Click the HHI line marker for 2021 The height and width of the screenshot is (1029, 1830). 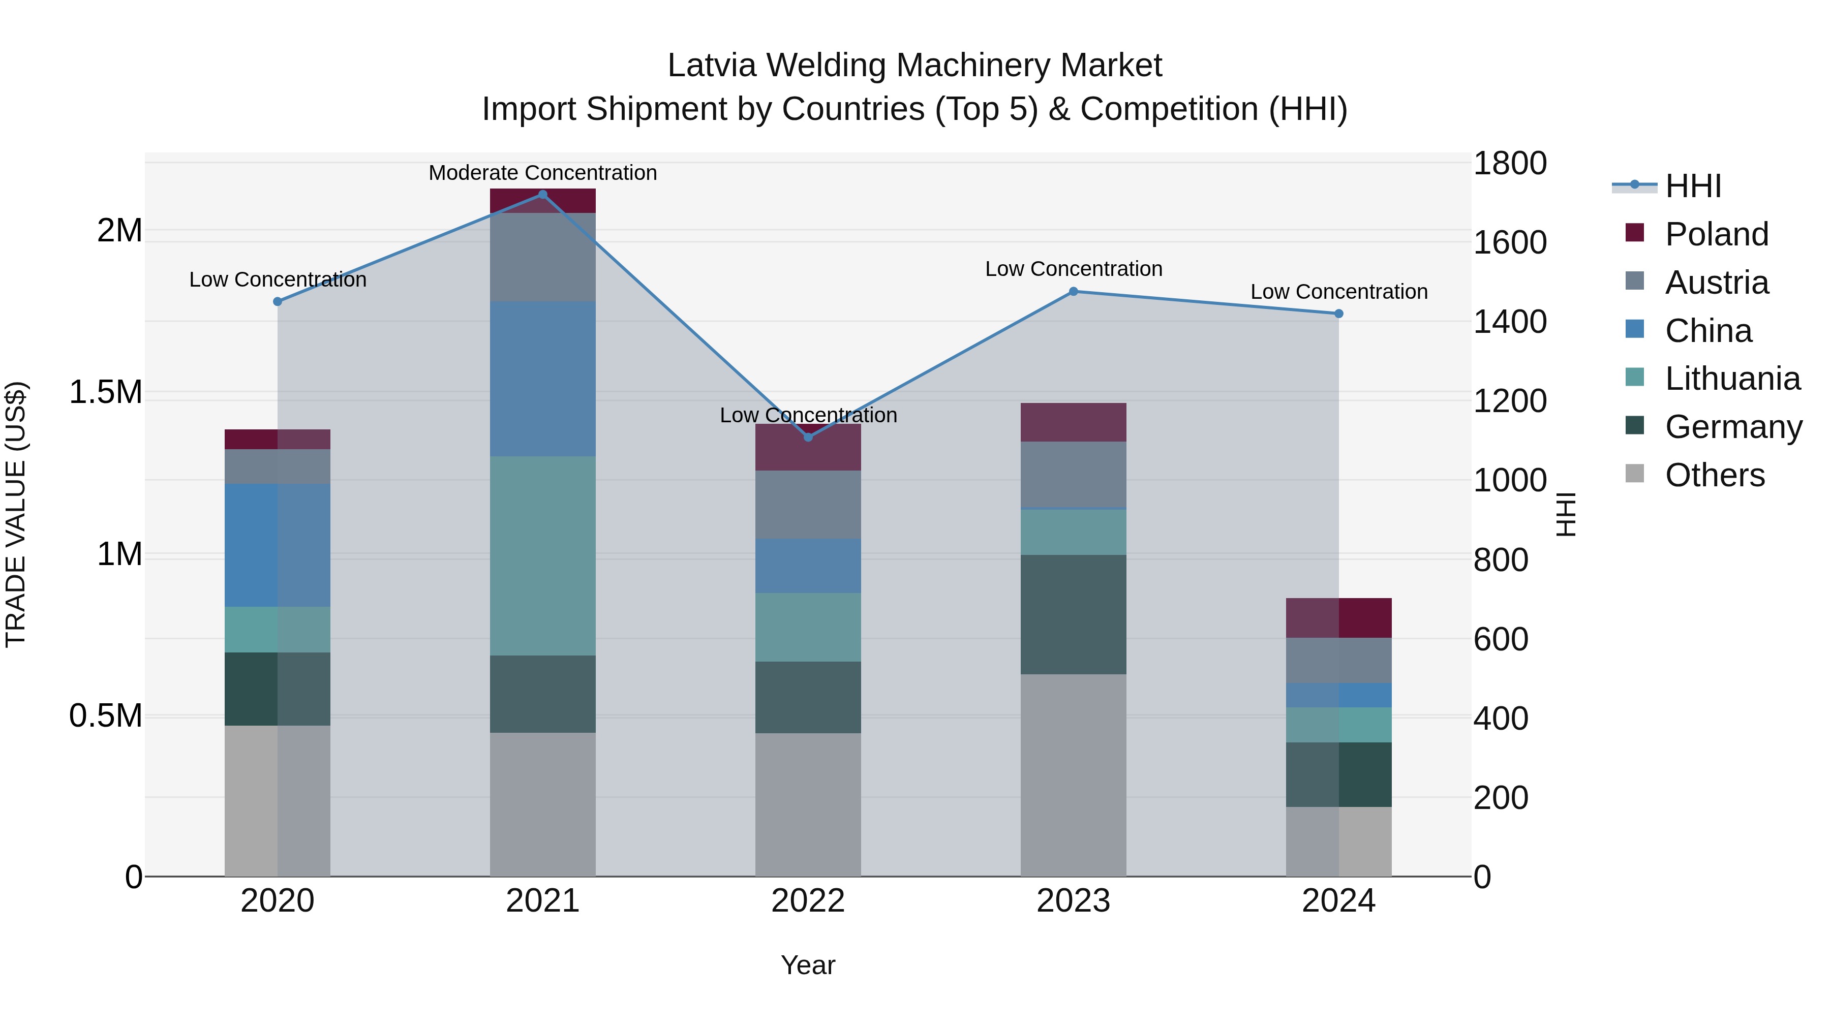coord(543,195)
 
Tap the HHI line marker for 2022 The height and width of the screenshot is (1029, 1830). coord(808,436)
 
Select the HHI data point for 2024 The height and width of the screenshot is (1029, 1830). coord(1338,313)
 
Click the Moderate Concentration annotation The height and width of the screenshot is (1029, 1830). coord(543,173)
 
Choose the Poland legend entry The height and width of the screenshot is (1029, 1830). coord(1716,234)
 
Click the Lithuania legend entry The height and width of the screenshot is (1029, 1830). coord(1732,379)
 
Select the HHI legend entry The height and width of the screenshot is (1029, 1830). coord(1693,186)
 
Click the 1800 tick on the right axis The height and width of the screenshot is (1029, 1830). coord(1510,163)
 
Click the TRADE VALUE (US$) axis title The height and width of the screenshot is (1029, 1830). coord(16,514)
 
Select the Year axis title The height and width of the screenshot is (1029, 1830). coord(808,965)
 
